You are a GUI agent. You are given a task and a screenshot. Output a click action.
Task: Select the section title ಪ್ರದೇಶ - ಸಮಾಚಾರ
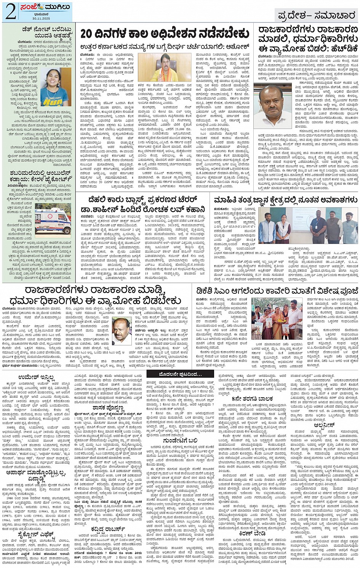tap(317, 16)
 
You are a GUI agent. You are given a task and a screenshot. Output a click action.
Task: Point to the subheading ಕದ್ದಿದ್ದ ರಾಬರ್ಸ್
tap(108, 529)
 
